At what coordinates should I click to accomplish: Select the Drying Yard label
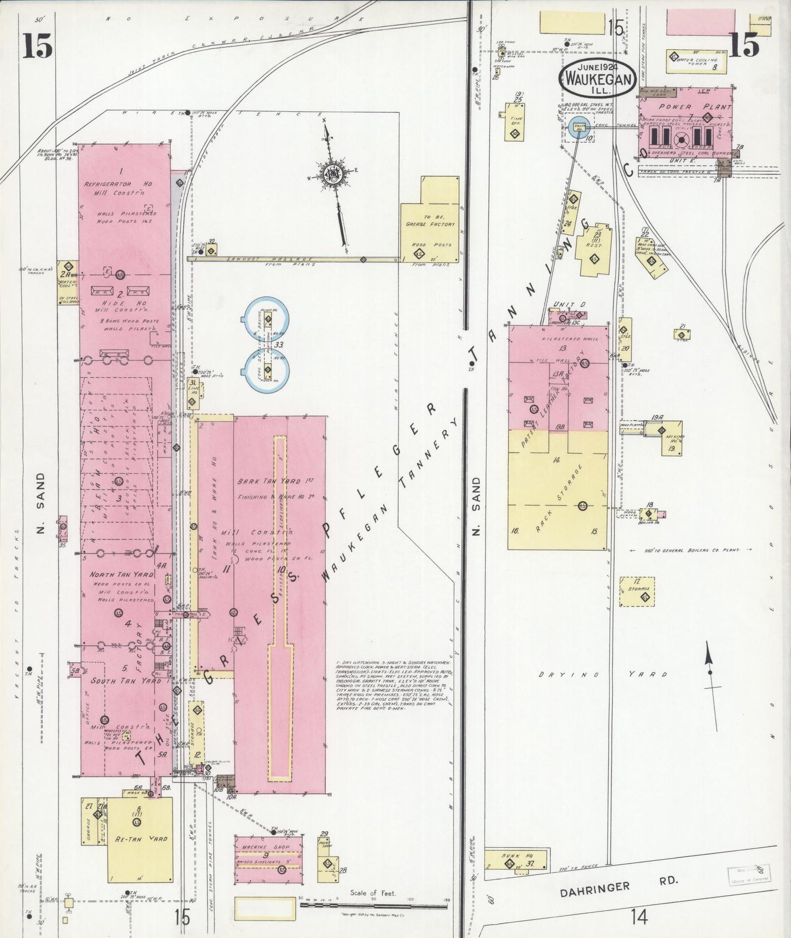(603, 675)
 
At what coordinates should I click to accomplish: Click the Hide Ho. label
(117, 303)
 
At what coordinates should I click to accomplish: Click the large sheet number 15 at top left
(37, 45)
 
